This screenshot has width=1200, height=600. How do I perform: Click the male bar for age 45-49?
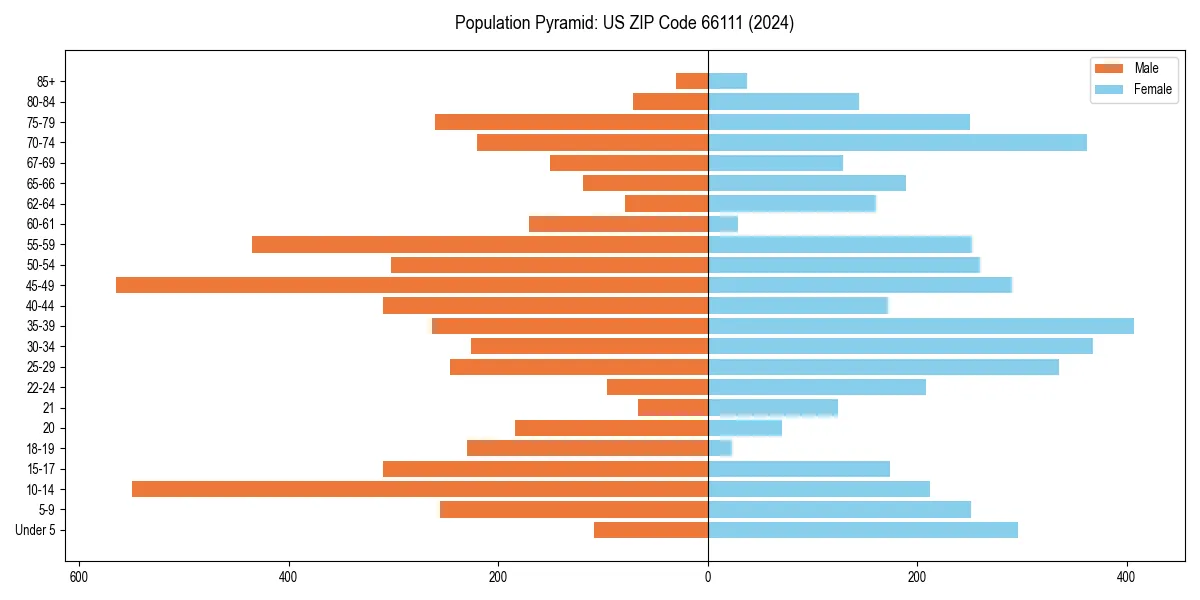(412, 285)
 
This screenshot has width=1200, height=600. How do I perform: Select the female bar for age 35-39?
(921, 326)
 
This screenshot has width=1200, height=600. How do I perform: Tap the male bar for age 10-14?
(420, 489)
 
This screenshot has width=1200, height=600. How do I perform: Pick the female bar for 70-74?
(897, 143)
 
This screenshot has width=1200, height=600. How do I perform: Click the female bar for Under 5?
(863, 530)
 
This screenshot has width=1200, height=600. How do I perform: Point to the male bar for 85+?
(692, 81)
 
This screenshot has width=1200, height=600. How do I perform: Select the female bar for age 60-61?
(723, 224)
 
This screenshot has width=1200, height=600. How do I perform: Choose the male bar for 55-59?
(480, 245)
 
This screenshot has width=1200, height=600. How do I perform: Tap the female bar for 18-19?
(720, 448)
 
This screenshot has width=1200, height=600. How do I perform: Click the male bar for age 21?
(673, 408)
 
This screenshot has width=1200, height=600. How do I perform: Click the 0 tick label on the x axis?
(708, 577)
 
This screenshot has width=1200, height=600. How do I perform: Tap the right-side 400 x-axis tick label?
(1127, 577)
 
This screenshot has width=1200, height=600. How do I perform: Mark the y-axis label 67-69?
(40, 163)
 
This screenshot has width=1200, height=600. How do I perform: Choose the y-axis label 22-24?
(40, 387)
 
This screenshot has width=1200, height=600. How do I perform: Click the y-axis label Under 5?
(35, 530)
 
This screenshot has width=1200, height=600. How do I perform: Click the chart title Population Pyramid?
(624, 23)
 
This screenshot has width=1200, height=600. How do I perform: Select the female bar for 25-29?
(883, 367)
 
